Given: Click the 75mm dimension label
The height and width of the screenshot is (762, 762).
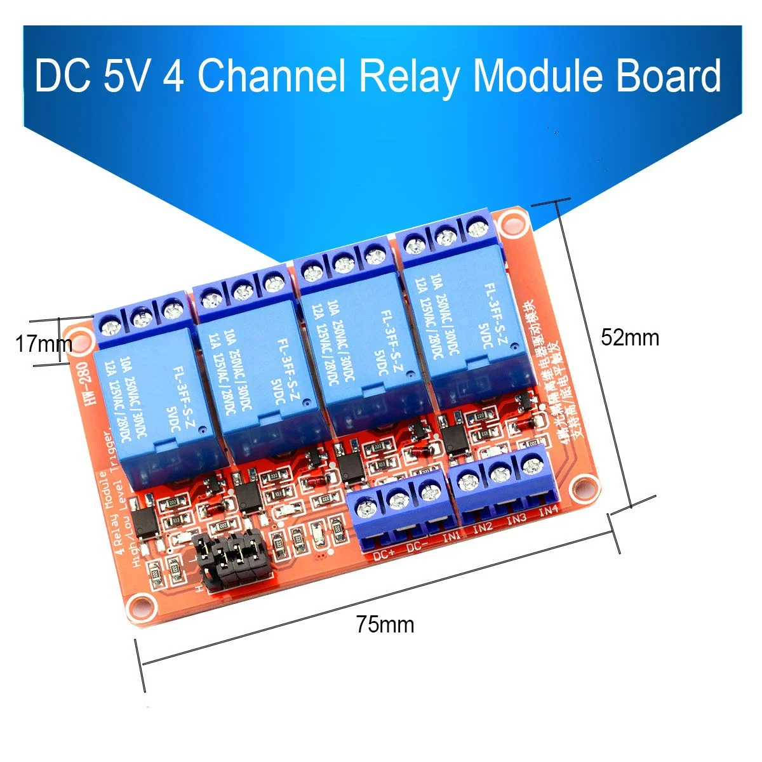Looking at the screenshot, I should pyautogui.click(x=385, y=625).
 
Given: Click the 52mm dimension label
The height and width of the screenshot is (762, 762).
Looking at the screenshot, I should pyautogui.click(x=630, y=337).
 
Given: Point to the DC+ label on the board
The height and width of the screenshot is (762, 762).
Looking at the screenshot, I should pyautogui.click(x=385, y=554).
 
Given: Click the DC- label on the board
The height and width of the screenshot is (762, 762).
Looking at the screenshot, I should pyautogui.click(x=418, y=546).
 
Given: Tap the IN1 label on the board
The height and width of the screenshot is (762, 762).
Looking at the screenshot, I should pyautogui.click(x=451, y=537).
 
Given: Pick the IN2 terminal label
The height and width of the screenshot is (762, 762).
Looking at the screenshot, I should pyautogui.click(x=483, y=528).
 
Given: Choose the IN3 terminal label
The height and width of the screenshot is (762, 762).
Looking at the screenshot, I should pyautogui.click(x=516, y=519).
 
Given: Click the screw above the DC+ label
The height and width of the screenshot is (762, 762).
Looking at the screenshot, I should pyautogui.click(x=365, y=508).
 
